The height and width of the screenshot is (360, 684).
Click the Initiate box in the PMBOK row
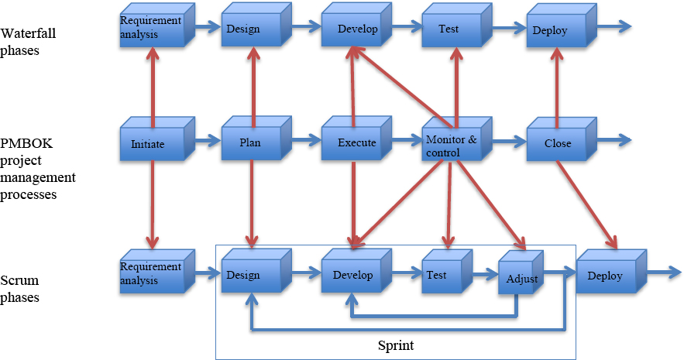pyautogui.click(x=148, y=143)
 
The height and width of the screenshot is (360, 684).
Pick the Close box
pyautogui.click(x=552, y=143)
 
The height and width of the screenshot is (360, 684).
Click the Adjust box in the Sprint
pyautogui.click(x=518, y=278)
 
